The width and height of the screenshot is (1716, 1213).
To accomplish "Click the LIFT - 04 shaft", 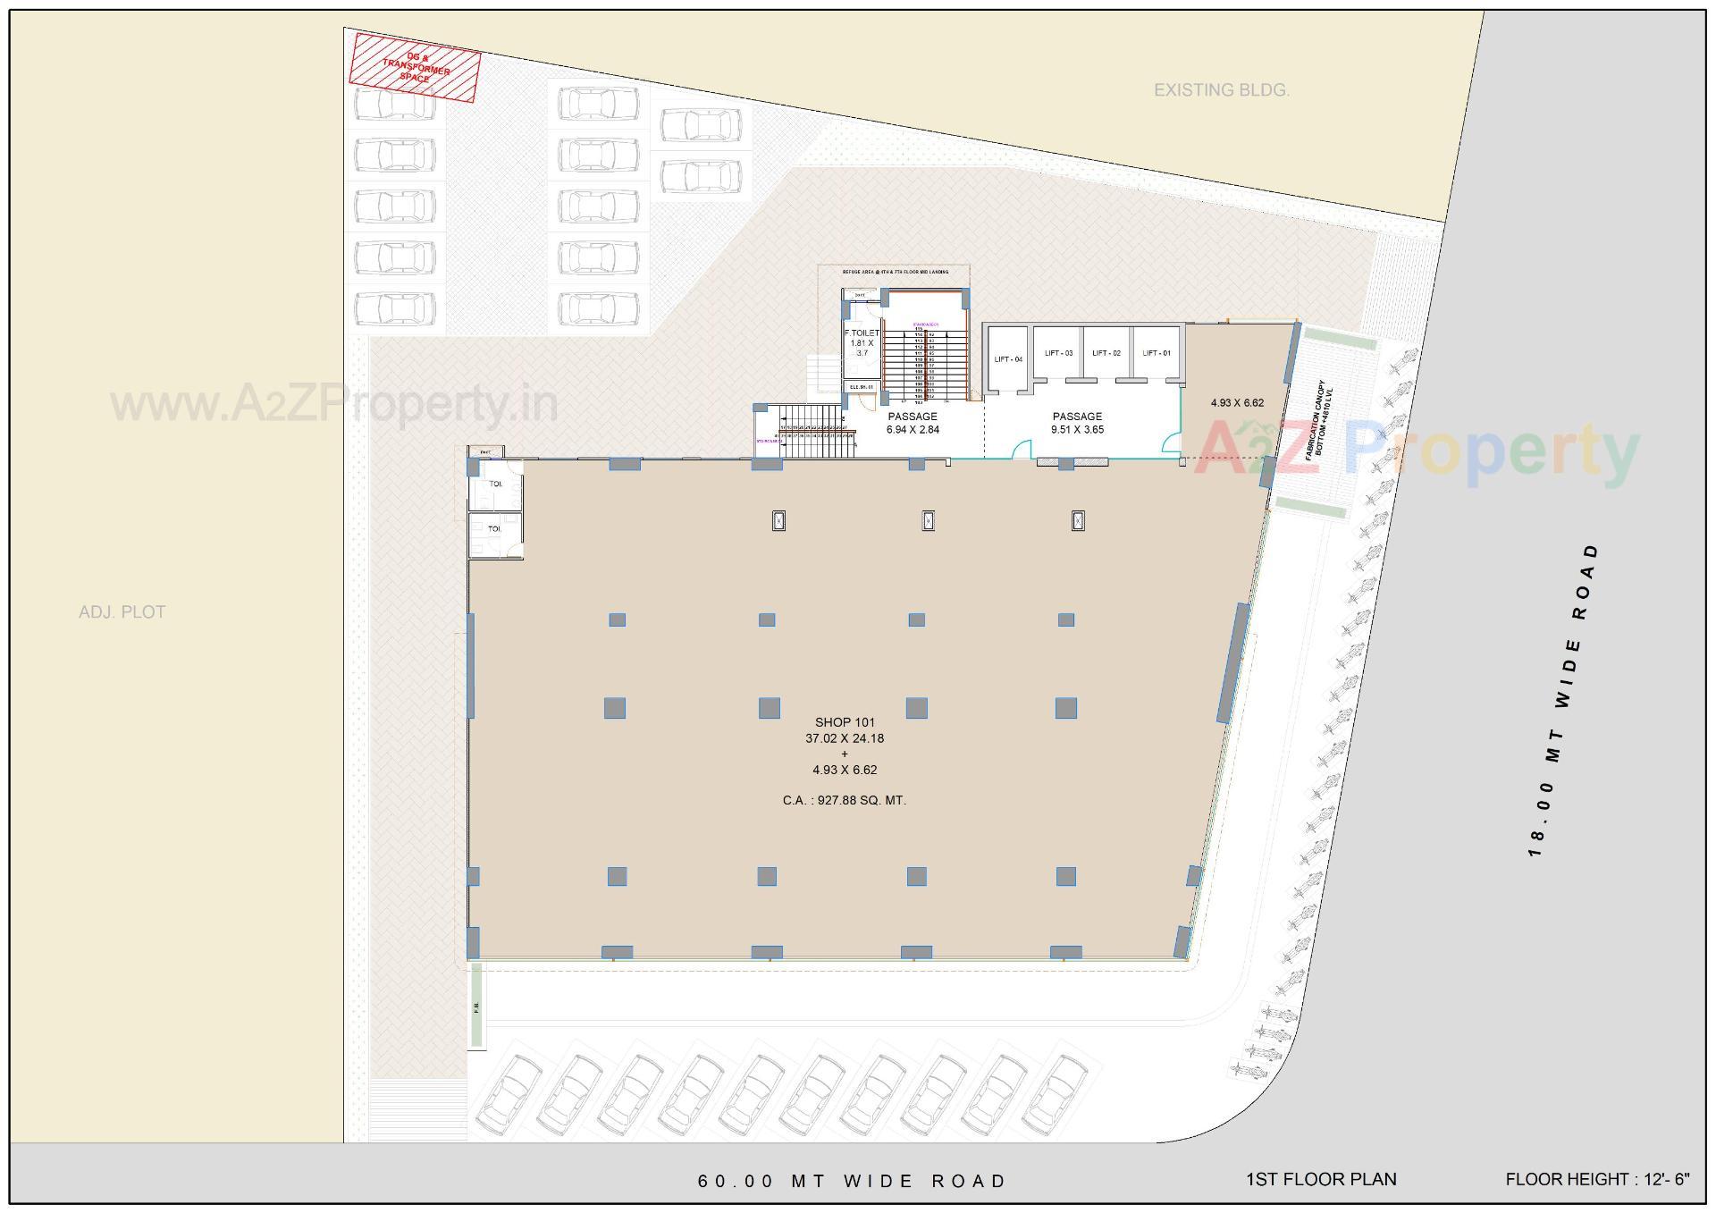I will (x=1007, y=359).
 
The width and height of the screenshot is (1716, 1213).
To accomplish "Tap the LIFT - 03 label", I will (x=1058, y=353).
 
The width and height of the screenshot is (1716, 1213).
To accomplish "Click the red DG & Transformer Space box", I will (x=415, y=68).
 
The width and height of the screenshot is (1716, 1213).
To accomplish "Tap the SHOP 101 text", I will (x=845, y=721).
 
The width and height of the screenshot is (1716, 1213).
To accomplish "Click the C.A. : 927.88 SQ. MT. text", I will (x=845, y=800).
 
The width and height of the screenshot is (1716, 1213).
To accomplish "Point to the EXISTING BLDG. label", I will (x=1221, y=90).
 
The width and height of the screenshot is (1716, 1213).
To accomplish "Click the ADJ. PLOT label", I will (x=122, y=612).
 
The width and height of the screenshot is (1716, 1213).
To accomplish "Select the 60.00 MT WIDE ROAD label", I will (x=852, y=1181).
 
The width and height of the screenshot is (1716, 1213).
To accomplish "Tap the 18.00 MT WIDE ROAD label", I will (x=1563, y=700).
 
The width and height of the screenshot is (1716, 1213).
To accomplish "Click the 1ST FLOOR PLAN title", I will (x=1320, y=1179).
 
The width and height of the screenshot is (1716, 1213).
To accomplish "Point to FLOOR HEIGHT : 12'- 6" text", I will (x=1597, y=1179).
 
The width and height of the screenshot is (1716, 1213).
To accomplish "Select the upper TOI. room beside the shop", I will (x=494, y=484).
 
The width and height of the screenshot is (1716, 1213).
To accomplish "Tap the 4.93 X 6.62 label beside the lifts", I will (x=1237, y=402).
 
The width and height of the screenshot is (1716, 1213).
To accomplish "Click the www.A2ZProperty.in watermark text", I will (x=334, y=404).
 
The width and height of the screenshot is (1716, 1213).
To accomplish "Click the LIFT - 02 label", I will (x=1106, y=353).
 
